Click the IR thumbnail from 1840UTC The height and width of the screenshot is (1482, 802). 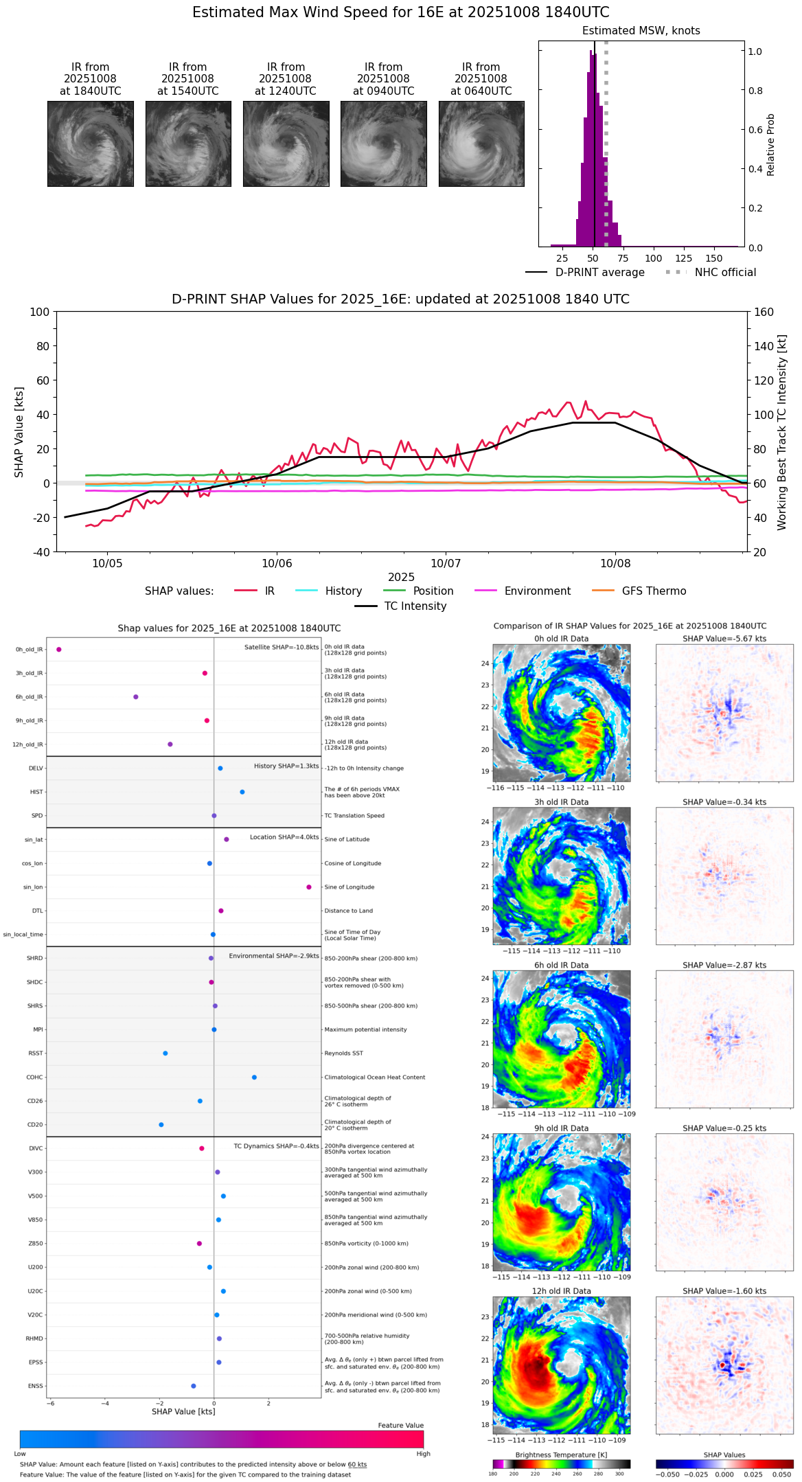click(x=91, y=144)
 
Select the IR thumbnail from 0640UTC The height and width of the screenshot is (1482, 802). click(x=481, y=144)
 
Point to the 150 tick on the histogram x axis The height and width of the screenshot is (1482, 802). click(x=714, y=258)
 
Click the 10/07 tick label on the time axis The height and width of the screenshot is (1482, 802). click(x=446, y=563)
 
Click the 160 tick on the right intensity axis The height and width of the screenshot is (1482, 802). click(x=764, y=312)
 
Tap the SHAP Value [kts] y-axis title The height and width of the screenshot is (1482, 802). click(x=19, y=432)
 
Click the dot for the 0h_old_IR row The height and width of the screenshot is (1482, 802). click(x=59, y=649)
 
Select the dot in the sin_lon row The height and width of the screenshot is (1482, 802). click(x=309, y=887)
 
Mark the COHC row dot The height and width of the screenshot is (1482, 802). click(x=254, y=1077)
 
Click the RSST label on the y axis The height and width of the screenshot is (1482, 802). click(x=35, y=1053)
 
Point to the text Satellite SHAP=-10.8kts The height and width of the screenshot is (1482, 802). click(x=282, y=647)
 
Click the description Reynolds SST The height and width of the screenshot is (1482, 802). click(x=343, y=1053)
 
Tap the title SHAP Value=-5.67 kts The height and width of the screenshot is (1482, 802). click(x=724, y=639)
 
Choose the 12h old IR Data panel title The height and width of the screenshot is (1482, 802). click(x=561, y=1291)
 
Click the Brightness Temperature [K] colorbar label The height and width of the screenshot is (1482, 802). click(x=561, y=1455)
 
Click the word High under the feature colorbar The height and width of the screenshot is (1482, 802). click(x=423, y=1453)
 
